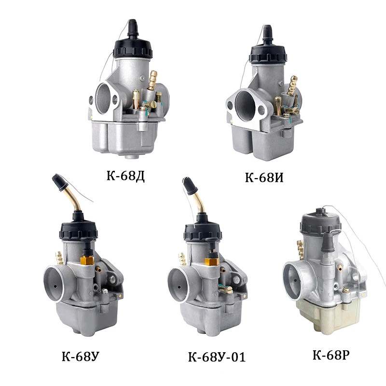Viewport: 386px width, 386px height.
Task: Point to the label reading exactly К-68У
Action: tap(81, 357)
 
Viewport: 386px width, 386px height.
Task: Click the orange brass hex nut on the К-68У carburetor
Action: tap(87, 261)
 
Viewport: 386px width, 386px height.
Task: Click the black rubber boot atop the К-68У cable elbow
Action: tap(59, 181)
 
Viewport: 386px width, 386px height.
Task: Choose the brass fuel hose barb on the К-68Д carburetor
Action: tap(153, 80)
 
